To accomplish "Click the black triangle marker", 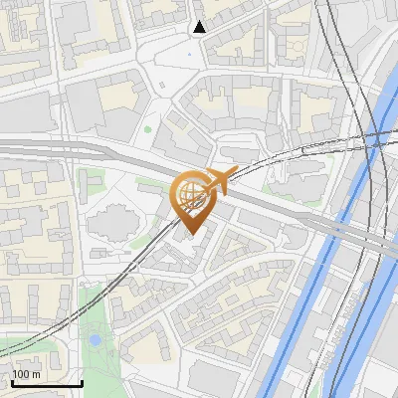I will [200, 27].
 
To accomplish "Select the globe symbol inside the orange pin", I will [190, 193].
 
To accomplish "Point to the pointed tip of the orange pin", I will [190, 234].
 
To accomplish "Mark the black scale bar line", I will [46, 383].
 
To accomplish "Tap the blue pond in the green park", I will [96, 340].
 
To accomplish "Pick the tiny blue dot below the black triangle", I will [190, 54].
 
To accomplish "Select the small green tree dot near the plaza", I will [148, 128].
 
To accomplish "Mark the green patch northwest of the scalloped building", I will [92, 183].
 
